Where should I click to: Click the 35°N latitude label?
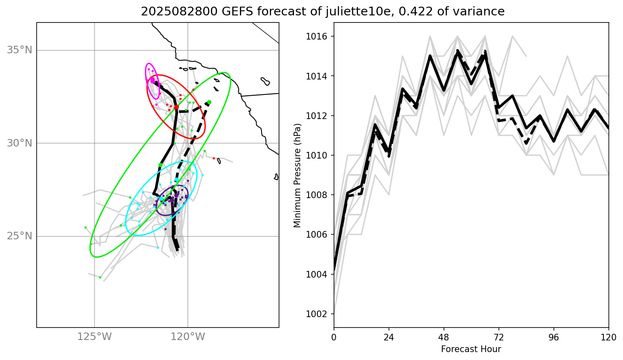19,50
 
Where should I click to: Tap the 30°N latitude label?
19,144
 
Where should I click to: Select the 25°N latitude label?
19,236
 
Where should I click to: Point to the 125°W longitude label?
95,337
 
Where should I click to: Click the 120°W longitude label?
188,337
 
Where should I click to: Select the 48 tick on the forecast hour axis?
444,337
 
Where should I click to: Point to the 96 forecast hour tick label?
554,337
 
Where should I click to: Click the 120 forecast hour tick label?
608,337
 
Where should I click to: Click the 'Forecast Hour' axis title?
471,349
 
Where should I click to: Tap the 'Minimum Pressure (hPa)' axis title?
297,175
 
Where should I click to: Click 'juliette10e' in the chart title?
357,12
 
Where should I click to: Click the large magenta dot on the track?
152,80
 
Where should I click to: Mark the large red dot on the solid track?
176,107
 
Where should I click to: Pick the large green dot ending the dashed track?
209,102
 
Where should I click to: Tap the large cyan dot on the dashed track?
177,180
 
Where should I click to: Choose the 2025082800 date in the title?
179,12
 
